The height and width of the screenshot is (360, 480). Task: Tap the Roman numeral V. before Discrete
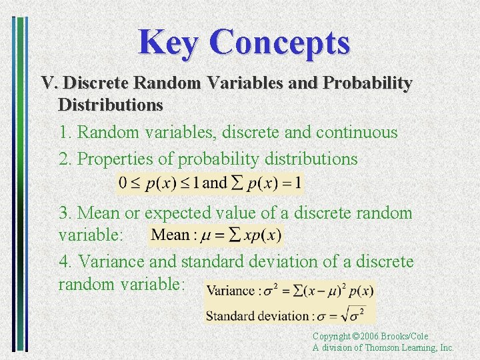click(51, 84)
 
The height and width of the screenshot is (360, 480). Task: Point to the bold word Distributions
click(111, 105)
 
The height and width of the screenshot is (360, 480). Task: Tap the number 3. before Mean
click(65, 213)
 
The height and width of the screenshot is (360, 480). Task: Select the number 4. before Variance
click(65, 262)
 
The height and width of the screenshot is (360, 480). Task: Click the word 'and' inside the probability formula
click(214, 183)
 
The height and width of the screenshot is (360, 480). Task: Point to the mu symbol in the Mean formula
click(203, 235)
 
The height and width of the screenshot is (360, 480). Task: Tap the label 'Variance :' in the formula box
click(233, 291)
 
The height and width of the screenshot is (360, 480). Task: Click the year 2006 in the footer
click(369, 337)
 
